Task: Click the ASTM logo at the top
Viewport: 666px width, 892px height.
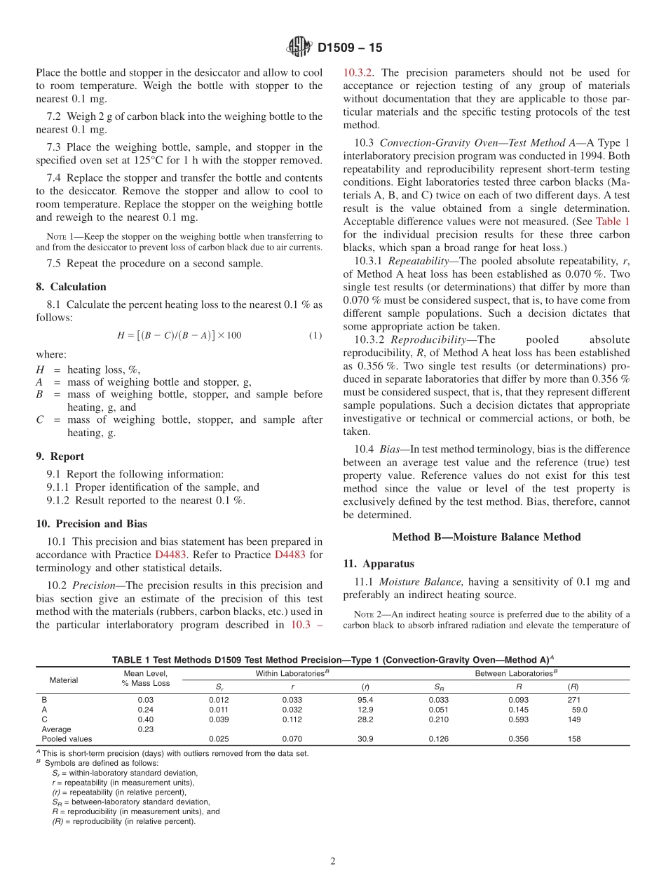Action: [299, 48]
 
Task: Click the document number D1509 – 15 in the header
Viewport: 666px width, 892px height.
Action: [350, 48]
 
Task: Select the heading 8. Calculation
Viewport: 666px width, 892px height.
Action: [71, 287]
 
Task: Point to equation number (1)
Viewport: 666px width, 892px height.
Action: [315, 335]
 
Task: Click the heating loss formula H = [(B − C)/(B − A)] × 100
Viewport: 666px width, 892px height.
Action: [179, 335]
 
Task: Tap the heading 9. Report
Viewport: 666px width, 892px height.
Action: [60, 457]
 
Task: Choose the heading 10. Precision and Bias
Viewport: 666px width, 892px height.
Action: [91, 524]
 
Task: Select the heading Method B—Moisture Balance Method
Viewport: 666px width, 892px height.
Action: [486, 537]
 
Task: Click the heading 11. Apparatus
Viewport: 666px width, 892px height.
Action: [379, 564]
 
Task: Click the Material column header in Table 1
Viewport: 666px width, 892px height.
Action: [64, 680]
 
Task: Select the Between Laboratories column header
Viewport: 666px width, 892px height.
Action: [517, 674]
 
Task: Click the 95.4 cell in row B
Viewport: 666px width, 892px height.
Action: [365, 700]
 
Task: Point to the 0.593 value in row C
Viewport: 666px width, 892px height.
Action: [519, 719]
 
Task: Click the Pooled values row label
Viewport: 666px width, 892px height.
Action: [67, 739]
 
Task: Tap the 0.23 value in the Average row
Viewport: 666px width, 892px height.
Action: [145, 729]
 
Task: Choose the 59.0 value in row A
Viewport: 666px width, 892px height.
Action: [580, 710]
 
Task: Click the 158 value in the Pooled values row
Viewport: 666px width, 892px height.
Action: [574, 739]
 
